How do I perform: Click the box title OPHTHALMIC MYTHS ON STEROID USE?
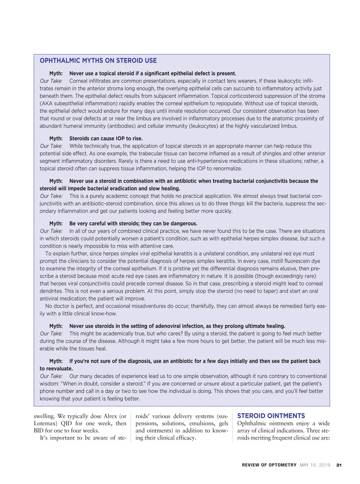point(98,61)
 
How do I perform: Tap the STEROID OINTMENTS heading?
point(271,416)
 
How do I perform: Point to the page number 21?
point(339,465)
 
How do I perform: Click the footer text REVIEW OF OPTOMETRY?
point(269,465)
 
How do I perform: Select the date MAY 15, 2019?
point(315,465)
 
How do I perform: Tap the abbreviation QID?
point(66,423)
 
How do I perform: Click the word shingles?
point(272,154)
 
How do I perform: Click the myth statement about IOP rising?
point(106,139)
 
